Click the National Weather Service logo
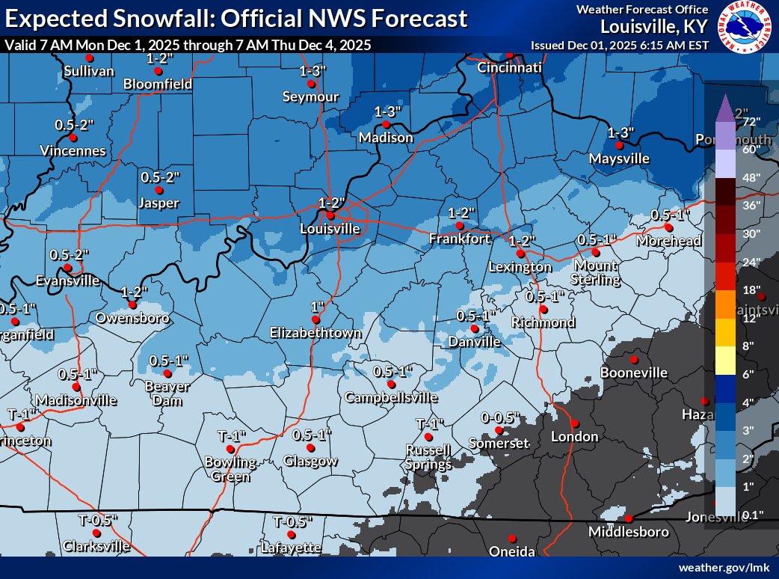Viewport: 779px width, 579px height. pyautogui.click(x=747, y=30)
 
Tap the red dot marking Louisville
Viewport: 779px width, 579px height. pyautogui.click(x=330, y=215)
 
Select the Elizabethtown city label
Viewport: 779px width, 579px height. pyautogui.click(x=315, y=333)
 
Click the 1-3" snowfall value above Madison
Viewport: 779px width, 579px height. pyautogui.click(x=388, y=111)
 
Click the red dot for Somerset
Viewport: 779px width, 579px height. pyautogui.click(x=499, y=430)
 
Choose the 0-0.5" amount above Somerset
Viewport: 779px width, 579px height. pyautogui.click(x=499, y=417)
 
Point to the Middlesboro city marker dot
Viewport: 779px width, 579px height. pyautogui.click(x=629, y=518)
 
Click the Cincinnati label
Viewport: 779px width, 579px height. pyautogui.click(x=509, y=68)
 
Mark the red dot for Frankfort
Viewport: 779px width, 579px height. pyautogui.click(x=461, y=225)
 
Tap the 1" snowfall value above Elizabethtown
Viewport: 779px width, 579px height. pyautogui.click(x=317, y=307)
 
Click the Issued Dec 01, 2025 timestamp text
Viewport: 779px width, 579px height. pyautogui.click(x=620, y=45)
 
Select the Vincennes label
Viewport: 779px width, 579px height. pyautogui.click(x=73, y=151)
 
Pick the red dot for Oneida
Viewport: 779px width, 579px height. pyautogui.click(x=512, y=538)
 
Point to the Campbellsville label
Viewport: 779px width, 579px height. pyautogui.click(x=391, y=398)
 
